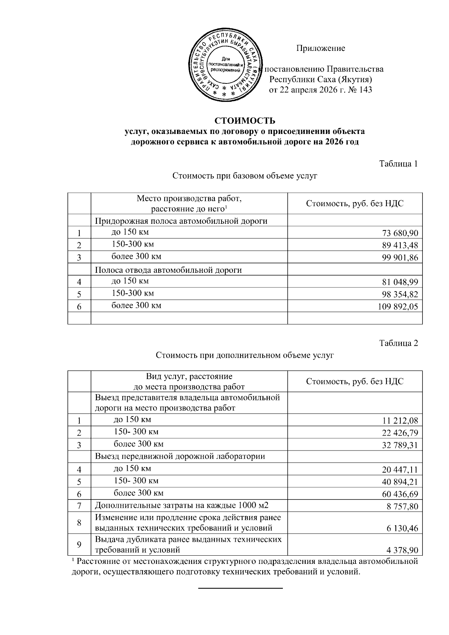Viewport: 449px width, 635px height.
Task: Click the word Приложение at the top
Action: (x=321, y=48)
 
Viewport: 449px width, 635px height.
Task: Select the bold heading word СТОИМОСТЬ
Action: (x=245, y=121)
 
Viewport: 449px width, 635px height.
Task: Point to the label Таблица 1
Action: (x=398, y=164)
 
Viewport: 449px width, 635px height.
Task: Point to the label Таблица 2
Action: (x=398, y=343)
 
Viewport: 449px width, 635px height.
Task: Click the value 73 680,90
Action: (x=400, y=233)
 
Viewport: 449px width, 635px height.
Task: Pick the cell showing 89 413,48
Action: (x=400, y=245)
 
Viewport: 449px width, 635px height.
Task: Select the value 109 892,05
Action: (x=398, y=307)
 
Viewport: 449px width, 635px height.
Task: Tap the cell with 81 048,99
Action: (x=400, y=282)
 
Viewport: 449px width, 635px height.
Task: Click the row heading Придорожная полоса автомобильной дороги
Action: (x=181, y=221)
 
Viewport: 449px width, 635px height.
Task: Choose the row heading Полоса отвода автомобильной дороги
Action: (x=168, y=270)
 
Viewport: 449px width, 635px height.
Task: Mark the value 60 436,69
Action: (x=400, y=494)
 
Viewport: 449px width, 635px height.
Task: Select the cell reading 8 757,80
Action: (x=402, y=507)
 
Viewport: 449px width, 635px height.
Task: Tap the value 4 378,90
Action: (x=402, y=550)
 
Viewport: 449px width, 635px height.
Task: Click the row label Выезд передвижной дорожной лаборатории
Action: (x=180, y=456)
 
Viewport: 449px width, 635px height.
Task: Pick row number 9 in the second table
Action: (x=79, y=544)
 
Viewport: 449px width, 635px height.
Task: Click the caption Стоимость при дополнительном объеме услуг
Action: (x=245, y=355)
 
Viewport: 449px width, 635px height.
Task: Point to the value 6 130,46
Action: (x=402, y=528)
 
